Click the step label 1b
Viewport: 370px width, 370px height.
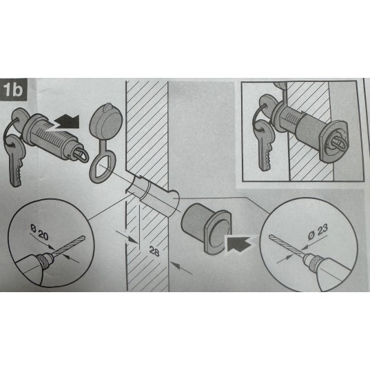[x=14, y=90]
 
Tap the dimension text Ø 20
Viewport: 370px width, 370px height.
[x=39, y=233]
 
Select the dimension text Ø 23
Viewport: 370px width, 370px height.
[x=318, y=232]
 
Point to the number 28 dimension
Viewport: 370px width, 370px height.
[x=154, y=251]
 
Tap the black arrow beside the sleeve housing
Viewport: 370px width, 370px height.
[x=238, y=243]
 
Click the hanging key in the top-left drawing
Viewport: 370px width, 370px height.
[x=16, y=160]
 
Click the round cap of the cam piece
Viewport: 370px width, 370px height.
[x=105, y=121]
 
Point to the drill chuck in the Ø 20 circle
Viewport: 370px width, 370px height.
[x=45, y=259]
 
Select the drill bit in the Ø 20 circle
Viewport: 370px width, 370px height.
[x=69, y=245]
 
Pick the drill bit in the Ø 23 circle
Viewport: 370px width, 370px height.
[x=286, y=245]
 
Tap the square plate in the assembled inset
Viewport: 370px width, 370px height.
[x=333, y=142]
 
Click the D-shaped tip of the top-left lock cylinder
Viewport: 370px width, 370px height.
[x=81, y=154]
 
